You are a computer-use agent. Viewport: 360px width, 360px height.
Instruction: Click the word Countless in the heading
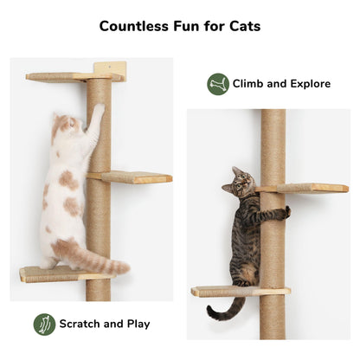click(134, 25)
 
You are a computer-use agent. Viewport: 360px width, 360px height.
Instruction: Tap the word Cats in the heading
click(242, 25)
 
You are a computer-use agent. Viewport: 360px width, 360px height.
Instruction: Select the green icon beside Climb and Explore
click(218, 84)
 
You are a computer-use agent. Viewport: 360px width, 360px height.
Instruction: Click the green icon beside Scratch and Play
click(44, 325)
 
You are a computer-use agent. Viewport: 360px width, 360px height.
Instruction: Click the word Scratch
click(80, 325)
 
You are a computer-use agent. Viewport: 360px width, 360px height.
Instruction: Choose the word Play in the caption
click(137, 325)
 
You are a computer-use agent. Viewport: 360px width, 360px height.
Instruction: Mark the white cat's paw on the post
click(98, 110)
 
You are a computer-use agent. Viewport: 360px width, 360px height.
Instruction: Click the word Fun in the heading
click(186, 25)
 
